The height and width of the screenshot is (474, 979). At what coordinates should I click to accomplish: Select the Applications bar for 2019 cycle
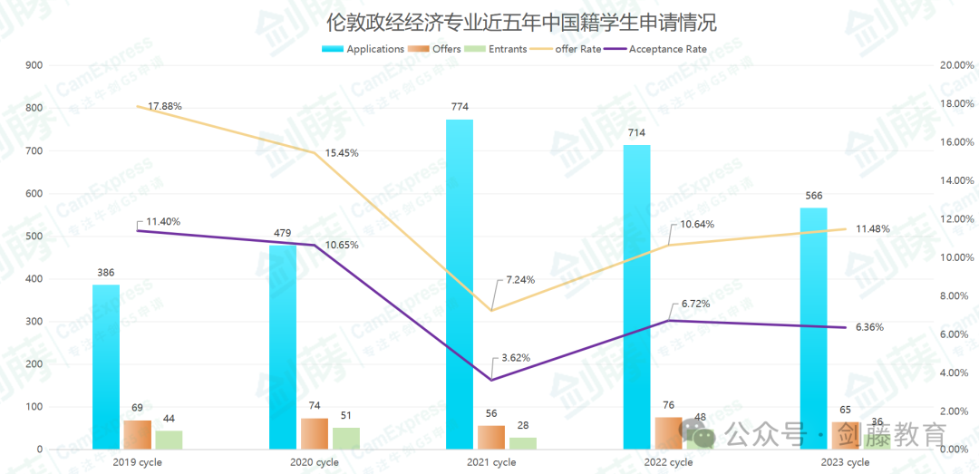(x=106, y=367)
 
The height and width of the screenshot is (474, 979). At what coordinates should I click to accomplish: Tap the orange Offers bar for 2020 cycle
(x=315, y=433)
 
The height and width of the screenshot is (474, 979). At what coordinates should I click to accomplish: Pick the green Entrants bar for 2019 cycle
(x=169, y=440)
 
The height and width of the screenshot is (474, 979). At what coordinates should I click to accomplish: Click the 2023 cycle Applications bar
(x=813, y=328)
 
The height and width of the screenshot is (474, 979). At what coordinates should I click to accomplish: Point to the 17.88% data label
(x=165, y=106)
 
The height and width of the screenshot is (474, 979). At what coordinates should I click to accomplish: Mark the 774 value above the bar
(x=460, y=107)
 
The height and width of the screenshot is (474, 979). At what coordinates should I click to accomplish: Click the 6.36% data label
(x=869, y=327)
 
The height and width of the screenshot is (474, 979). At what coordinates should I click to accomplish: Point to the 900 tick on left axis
(x=34, y=65)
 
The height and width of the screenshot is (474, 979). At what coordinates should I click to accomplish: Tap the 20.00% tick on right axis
(x=957, y=65)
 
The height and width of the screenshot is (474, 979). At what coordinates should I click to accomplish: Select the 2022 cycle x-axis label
(x=669, y=462)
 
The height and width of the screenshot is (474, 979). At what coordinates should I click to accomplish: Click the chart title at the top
(x=489, y=21)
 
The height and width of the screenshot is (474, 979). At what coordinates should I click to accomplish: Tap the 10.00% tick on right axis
(x=957, y=257)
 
